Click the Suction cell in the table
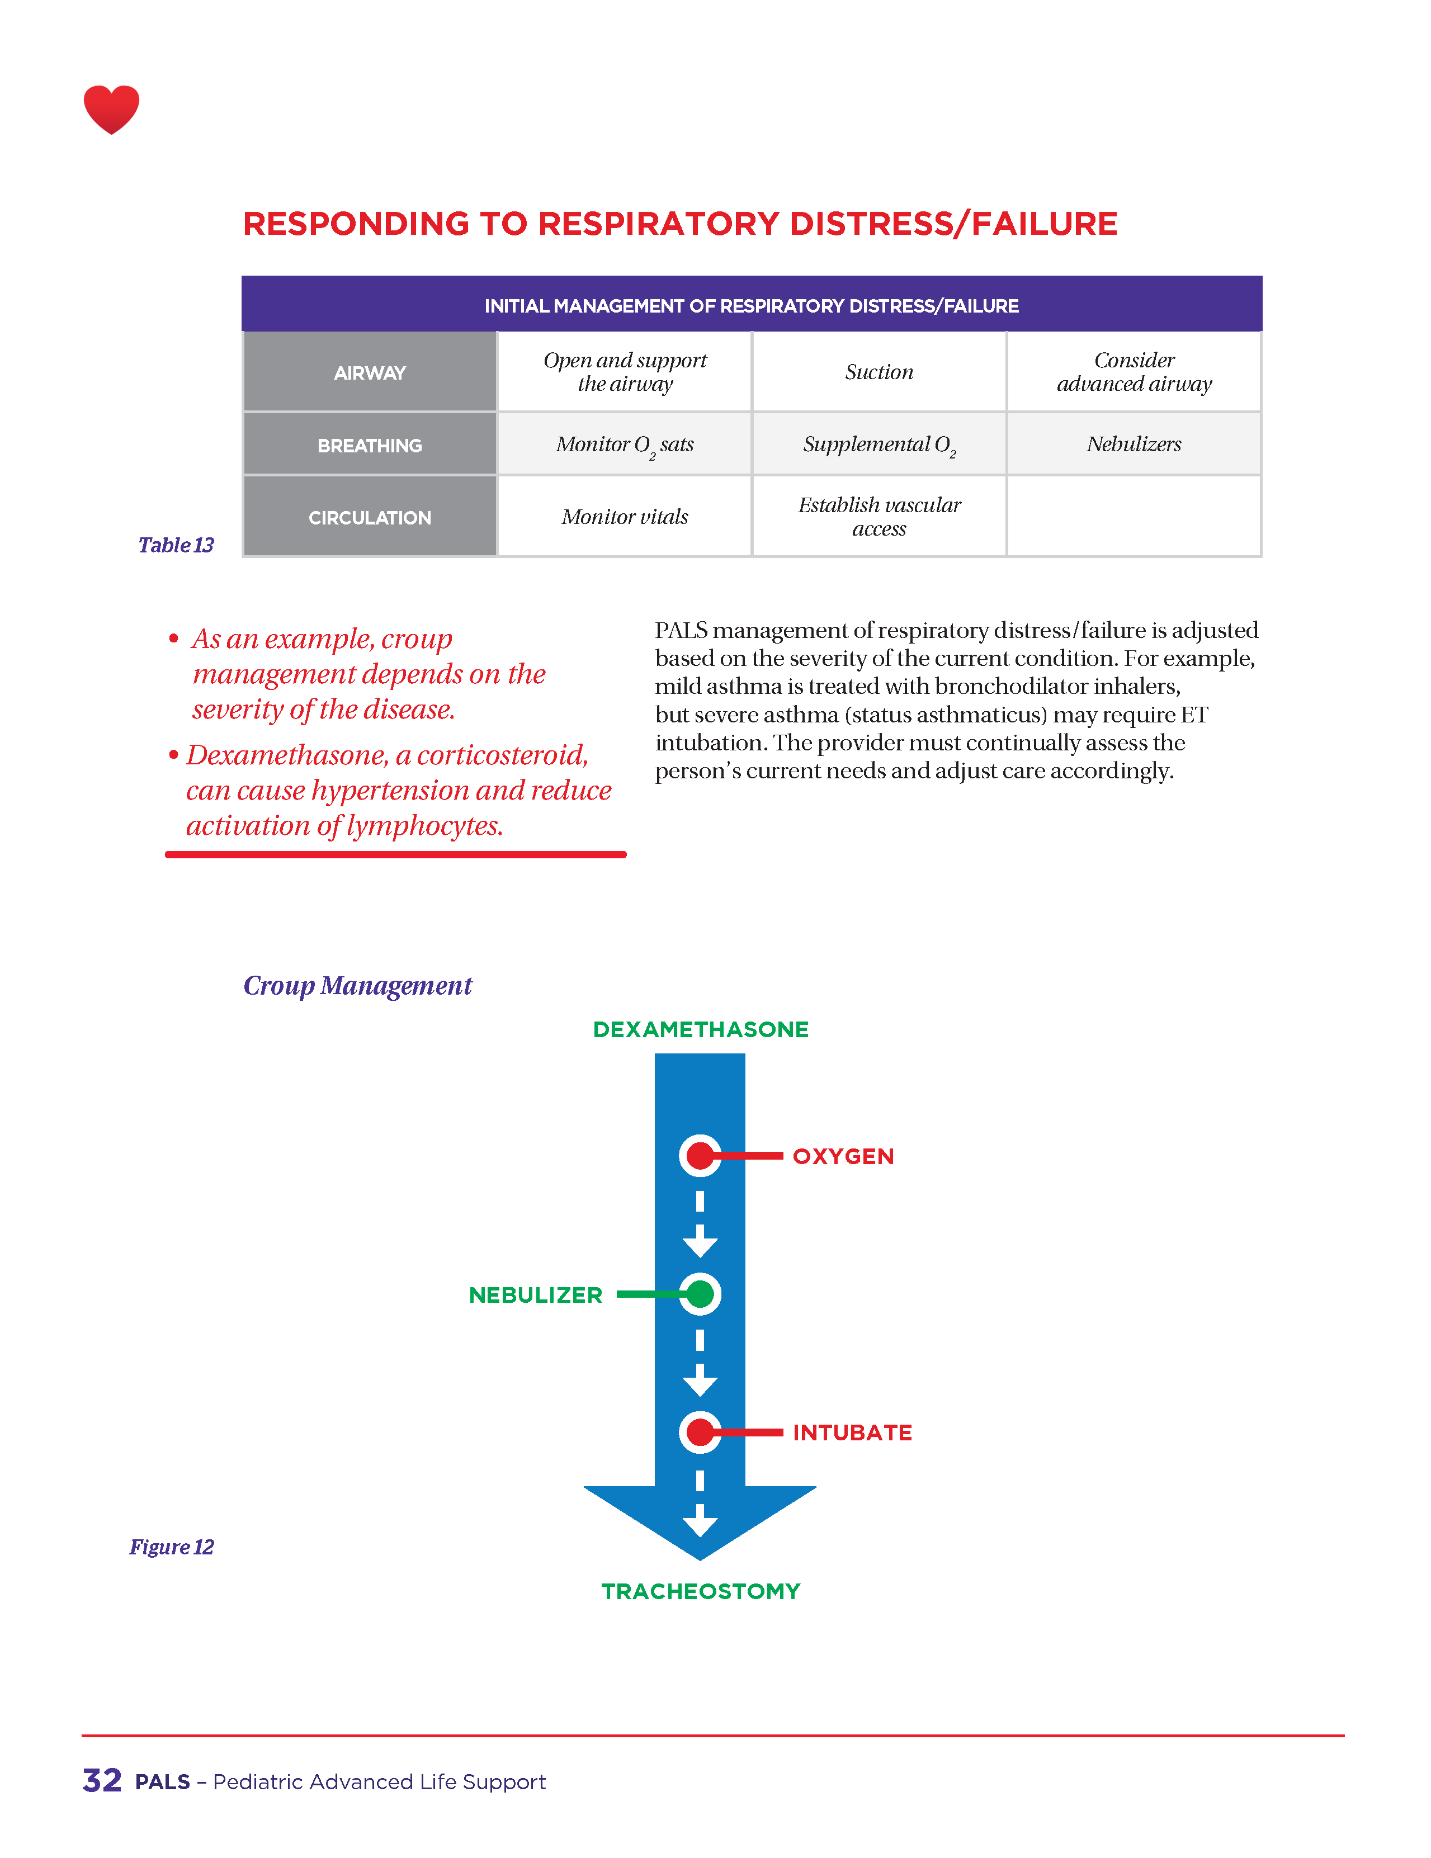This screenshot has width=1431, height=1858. pos(879,372)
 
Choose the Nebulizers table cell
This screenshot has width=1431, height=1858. pos(1134,444)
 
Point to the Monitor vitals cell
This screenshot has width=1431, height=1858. pos(625,517)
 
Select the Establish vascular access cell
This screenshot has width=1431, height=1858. pos(879,517)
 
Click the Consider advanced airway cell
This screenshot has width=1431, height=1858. pos(1134,372)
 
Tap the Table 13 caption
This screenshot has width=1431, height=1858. pos(176,545)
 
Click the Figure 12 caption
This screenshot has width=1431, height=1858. pos(171,1546)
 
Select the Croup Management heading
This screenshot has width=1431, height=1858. pos(357,985)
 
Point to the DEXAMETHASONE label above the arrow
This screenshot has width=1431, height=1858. pos(700,1029)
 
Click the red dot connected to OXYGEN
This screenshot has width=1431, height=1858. pos(700,1155)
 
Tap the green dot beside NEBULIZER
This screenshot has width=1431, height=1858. pos(700,1294)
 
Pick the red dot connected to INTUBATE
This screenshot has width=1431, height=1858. pos(700,1432)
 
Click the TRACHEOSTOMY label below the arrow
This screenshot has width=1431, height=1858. pos(700,1591)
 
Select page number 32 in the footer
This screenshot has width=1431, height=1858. pos(102,1781)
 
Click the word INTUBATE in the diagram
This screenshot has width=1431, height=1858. pos(852,1432)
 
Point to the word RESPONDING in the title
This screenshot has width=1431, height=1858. pos(355,224)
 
